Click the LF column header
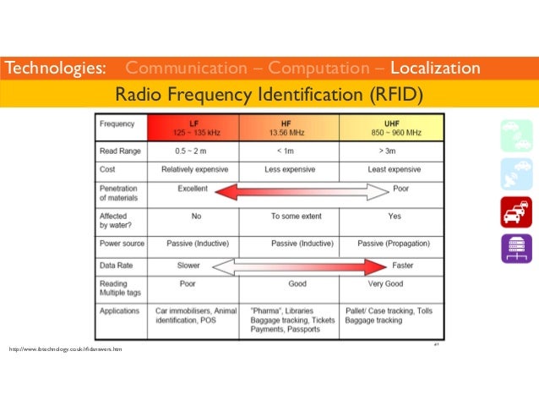[x=195, y=128]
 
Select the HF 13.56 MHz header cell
[x=289, y=128]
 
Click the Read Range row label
[x=121, y=151]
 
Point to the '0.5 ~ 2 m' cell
[x=195, y=151]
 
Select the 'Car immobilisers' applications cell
[x=195, y=316]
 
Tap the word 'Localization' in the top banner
[x=436, y=68]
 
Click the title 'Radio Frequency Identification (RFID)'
[x=269, y=92]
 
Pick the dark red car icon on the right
[x=515, y=213]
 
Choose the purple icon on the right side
[x=515, y=250]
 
